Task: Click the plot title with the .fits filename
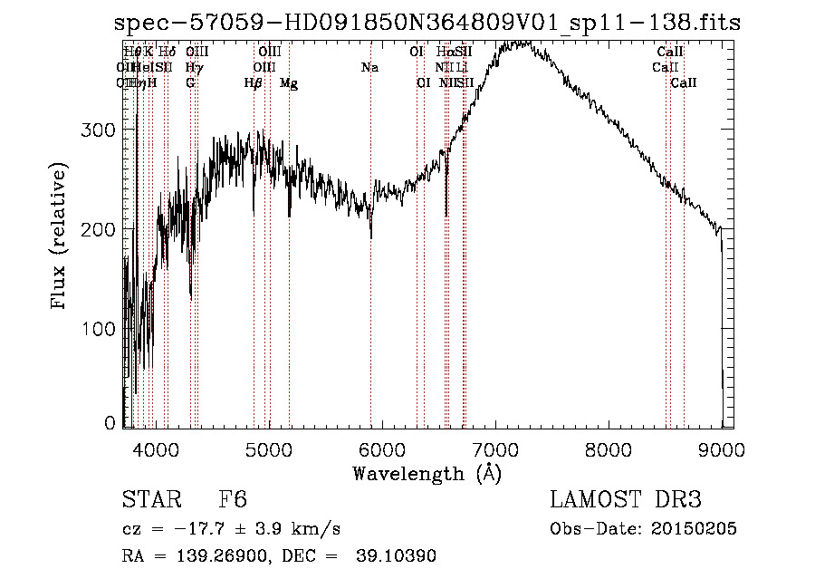point(427,24)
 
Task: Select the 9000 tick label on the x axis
point(722,448)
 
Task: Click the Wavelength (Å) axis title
point(427,473)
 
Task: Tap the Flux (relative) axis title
point(60,236)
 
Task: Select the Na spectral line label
point(369,68)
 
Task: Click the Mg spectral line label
point(289,83)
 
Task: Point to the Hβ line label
point(254,83)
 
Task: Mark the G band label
point(190,83)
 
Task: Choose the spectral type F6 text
point(233,500)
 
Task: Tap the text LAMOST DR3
point(625,500)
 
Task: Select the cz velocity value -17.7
point(207,528)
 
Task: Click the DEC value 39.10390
point(399,556)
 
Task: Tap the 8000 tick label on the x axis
point(609,448)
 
